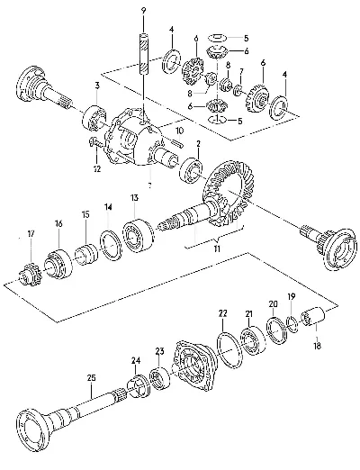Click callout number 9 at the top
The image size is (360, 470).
(x=143, y=11)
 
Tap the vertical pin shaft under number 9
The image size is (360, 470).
(x=143, y=54)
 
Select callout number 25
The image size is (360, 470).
(x=91, y=378)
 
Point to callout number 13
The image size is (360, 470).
(x=134, y=198)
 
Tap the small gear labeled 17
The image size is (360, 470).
(x=30, y=273)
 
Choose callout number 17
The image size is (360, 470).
(x=31, y=233)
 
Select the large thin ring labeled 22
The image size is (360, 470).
(x=229, y=349)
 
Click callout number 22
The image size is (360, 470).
(x=222, y=313)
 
